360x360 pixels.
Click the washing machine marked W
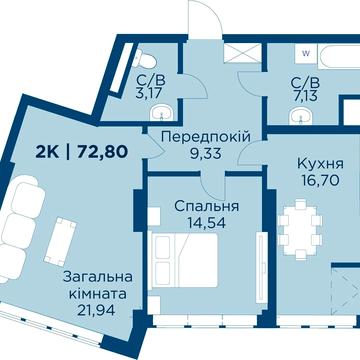coord(305,50)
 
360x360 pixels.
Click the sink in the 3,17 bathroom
coord(168,110)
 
